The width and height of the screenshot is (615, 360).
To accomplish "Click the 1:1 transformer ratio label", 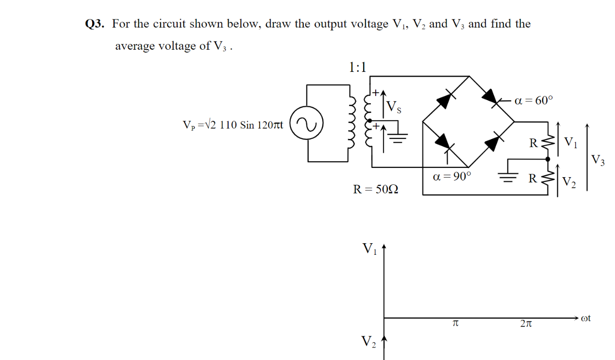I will click(357, 67).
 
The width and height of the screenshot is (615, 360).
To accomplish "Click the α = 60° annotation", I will click(533, 100).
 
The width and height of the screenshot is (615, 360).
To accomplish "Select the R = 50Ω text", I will click(376, 189).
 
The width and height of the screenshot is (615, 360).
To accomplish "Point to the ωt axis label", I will click(586, 318).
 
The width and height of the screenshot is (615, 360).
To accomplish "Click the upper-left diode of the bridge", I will click(446, 99).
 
